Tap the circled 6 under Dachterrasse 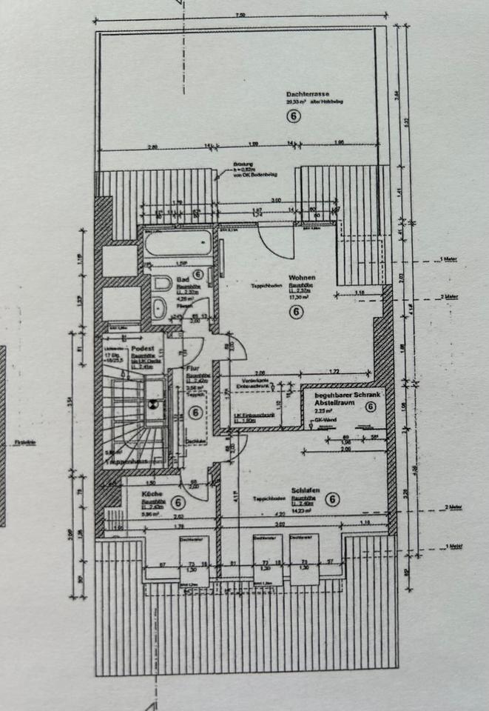pos(294,116)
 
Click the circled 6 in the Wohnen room pos(295,313)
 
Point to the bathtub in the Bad pos(178,244)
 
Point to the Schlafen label pos(304,490)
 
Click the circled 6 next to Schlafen pos(332,499)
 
